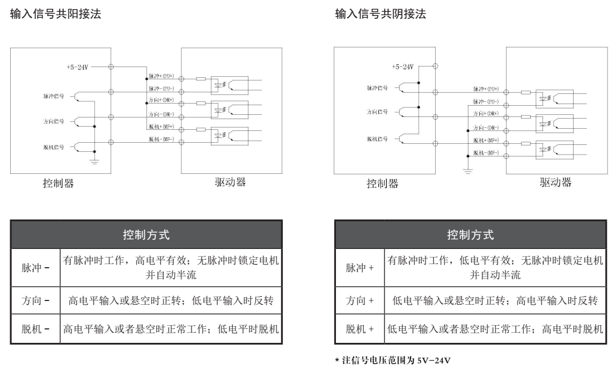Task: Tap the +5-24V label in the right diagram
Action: [403, 67]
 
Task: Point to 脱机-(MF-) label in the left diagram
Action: [162, 138]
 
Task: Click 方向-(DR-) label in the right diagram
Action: [486, 127]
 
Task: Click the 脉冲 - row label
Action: [35, 267]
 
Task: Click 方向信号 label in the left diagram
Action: [54, 122]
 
